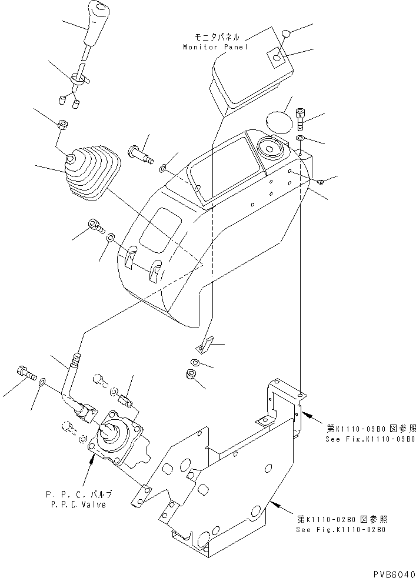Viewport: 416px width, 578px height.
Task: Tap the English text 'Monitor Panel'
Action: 215,46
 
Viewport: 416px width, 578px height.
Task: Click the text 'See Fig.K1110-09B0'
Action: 370,439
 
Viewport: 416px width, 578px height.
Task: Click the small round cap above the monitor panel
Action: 285,35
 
